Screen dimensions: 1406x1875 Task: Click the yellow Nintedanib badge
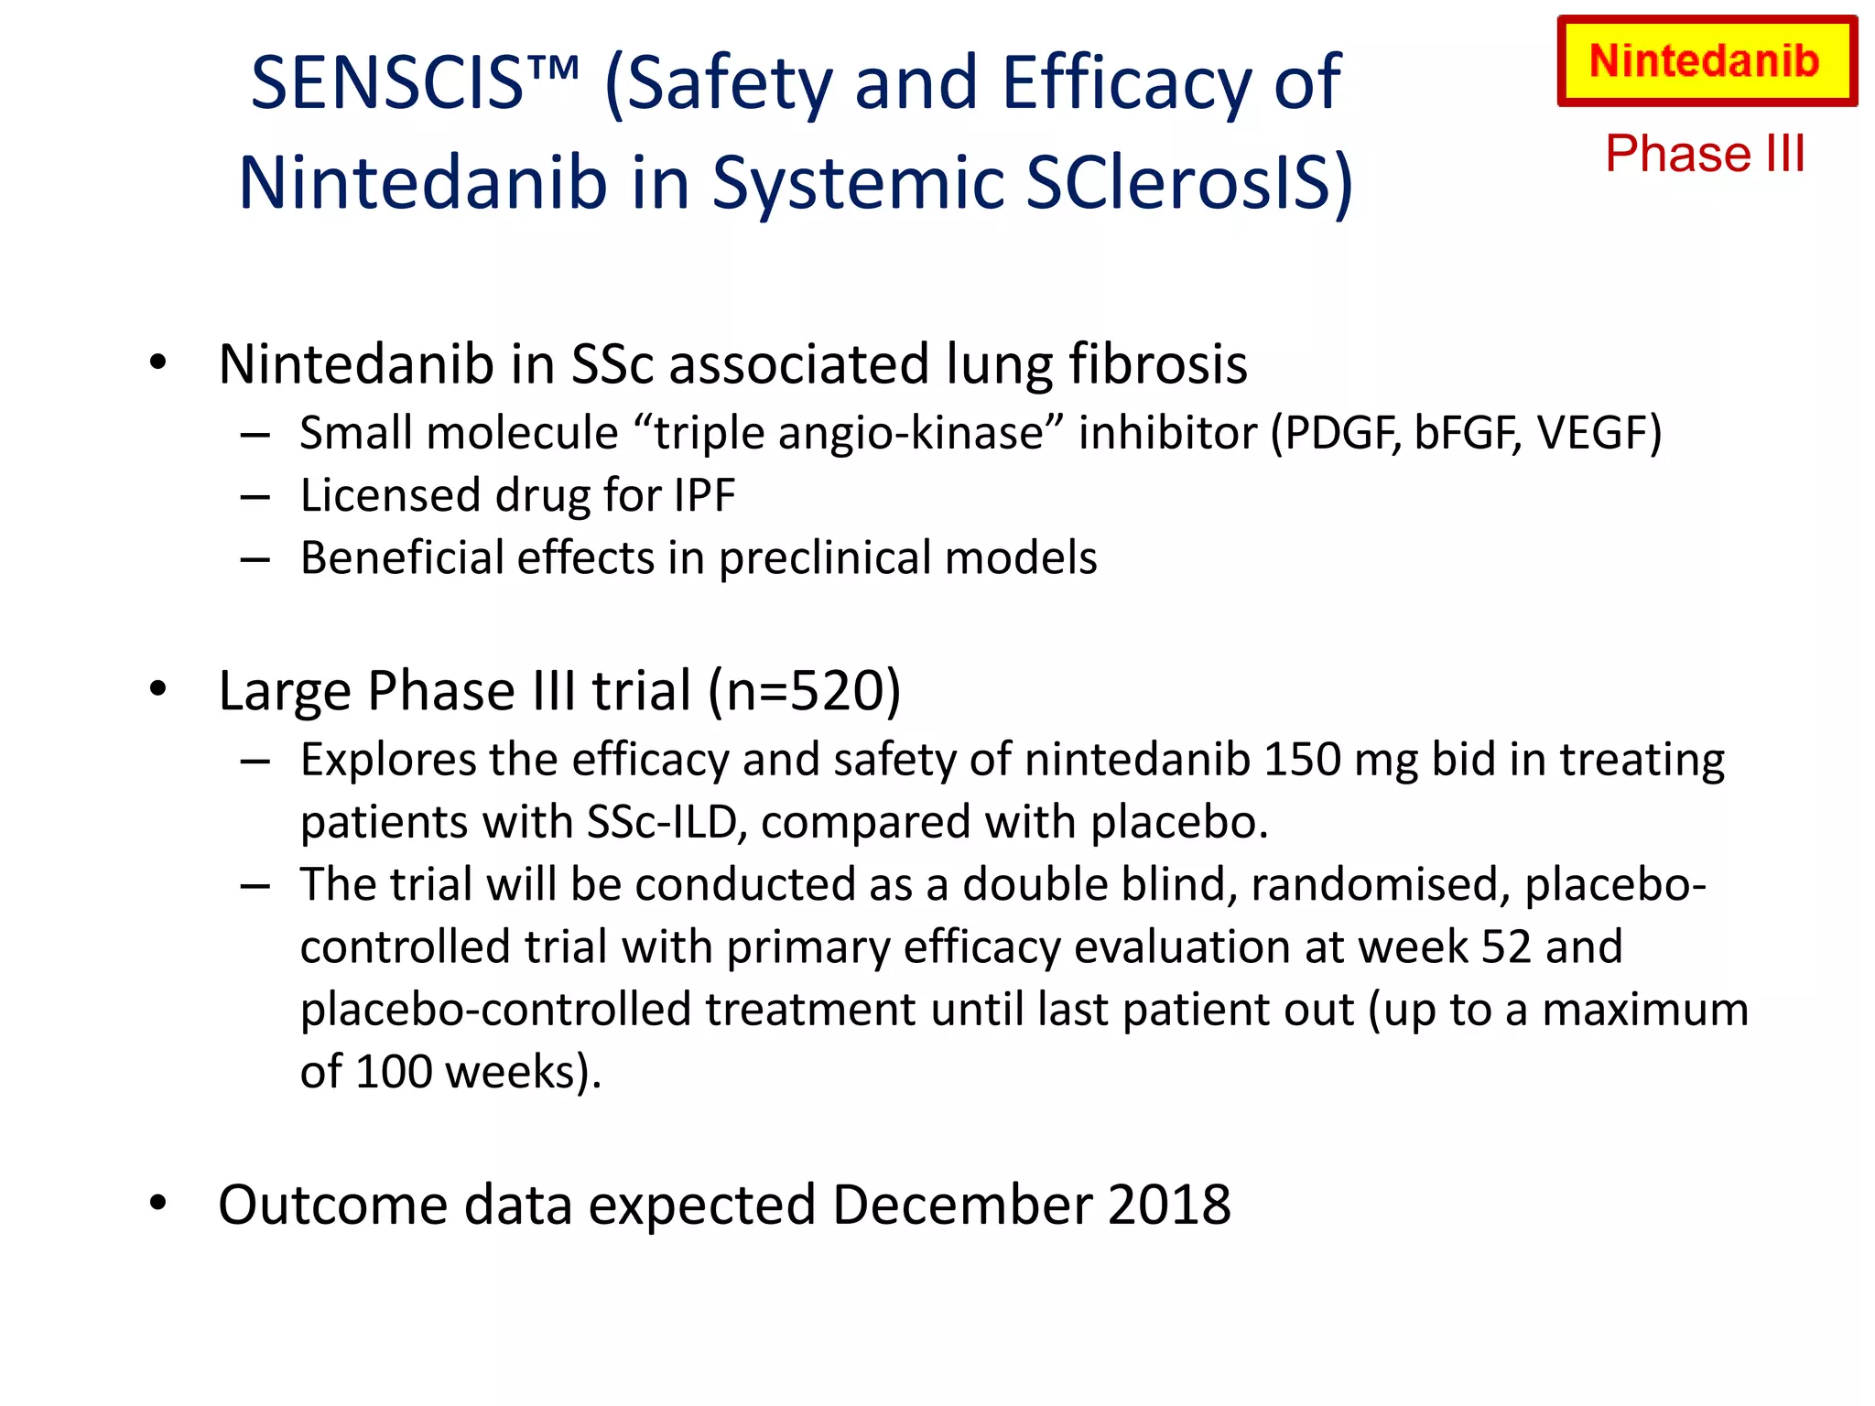(1707, 61)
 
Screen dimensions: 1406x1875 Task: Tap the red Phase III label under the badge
(1705, 153)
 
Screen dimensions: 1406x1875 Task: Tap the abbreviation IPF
(704, 495)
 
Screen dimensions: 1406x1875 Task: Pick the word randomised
(1381, 884)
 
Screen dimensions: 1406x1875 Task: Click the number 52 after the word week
(1506, 946)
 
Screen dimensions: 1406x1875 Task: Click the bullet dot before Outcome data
(158, 1202)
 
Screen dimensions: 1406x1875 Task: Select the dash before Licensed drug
(255, 497)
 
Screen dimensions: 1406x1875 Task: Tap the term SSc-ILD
(661, 822)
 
